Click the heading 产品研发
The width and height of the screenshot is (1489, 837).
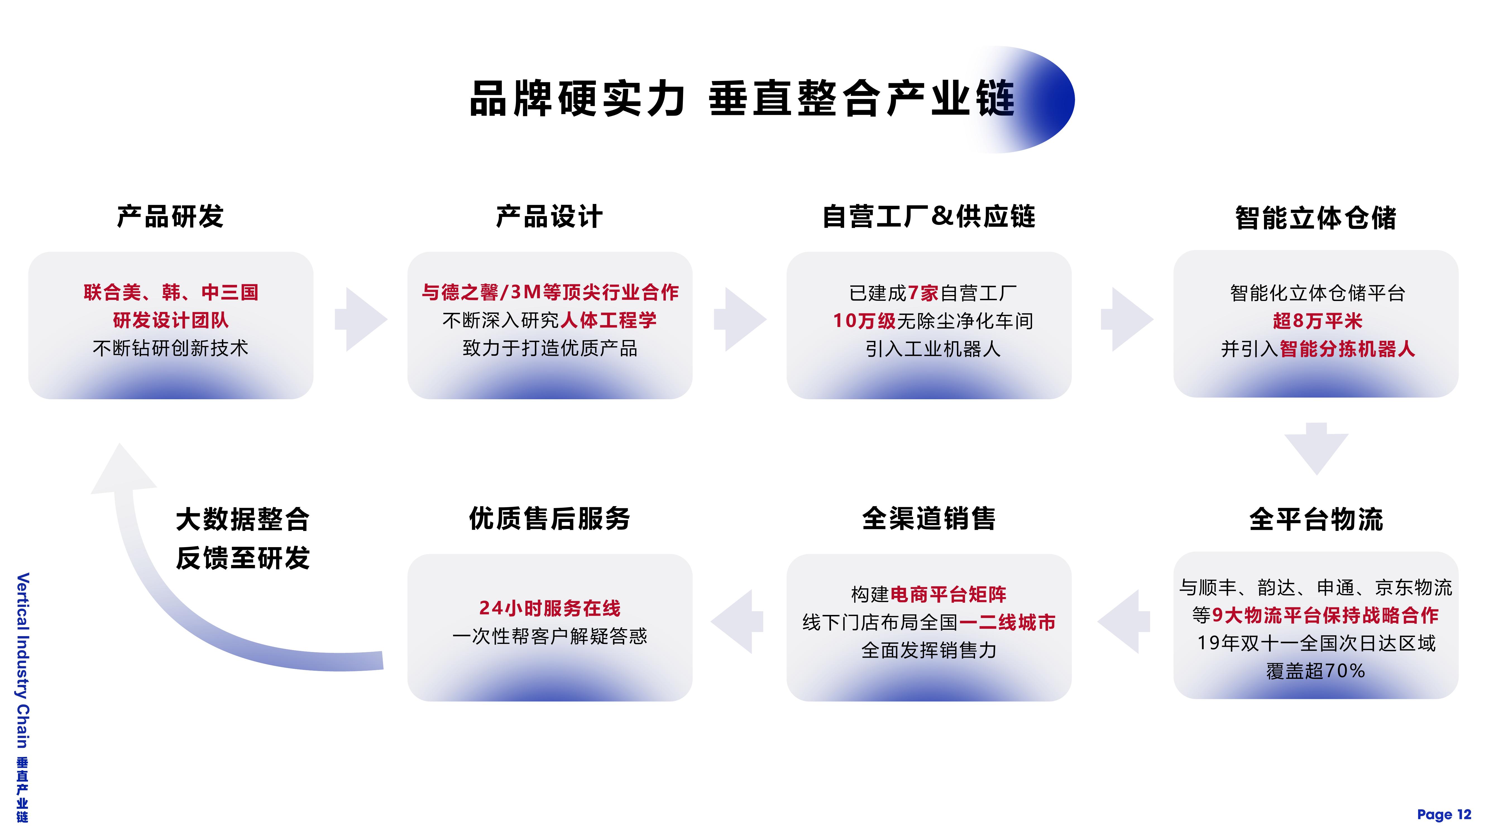(171, 217)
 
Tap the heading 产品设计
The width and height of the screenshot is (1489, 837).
(550, 217)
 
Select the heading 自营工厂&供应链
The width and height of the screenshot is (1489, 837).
(929, 217)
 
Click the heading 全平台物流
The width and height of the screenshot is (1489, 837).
(1316, 519)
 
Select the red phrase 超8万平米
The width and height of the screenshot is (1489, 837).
(1317, 321)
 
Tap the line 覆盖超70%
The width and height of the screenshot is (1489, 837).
(1316, 671)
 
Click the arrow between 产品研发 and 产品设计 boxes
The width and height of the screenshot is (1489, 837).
(361, 319)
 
